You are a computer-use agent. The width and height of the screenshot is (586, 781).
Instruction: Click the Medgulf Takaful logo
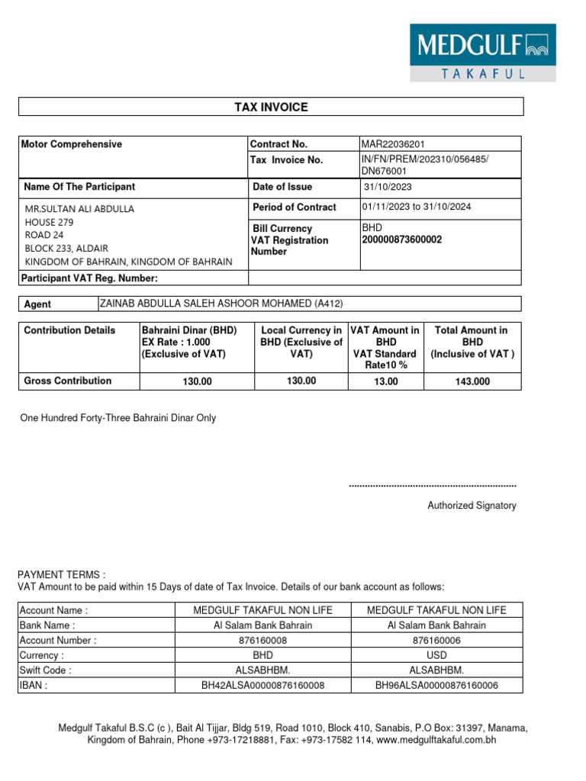pos(494,52)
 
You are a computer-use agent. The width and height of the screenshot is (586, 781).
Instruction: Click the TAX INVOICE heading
pos(271,107)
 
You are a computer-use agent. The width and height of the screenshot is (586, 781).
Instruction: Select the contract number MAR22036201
pos(393,144)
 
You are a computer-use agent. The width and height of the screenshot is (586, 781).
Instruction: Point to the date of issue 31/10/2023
pos(387,187)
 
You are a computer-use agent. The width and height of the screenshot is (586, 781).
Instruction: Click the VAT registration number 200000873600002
pos(401,239)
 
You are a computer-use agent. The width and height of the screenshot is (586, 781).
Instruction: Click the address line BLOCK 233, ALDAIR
pos(66,248)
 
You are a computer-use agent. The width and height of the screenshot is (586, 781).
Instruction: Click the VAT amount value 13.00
pos(386,381)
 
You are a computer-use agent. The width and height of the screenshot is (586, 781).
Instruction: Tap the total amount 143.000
pos(472,381)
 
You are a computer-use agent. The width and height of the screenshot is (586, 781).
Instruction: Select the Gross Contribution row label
pos(68,381)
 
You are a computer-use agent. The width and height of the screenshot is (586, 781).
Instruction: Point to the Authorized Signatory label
pos(472,506)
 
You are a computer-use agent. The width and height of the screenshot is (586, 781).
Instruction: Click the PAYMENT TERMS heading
pos(61,574)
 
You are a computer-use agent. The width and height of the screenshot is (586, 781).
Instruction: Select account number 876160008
pos(262,641)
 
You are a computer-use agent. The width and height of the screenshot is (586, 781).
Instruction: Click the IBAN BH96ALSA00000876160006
pos(436,686)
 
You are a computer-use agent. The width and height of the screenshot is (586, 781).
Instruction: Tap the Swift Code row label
pos(46,670)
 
